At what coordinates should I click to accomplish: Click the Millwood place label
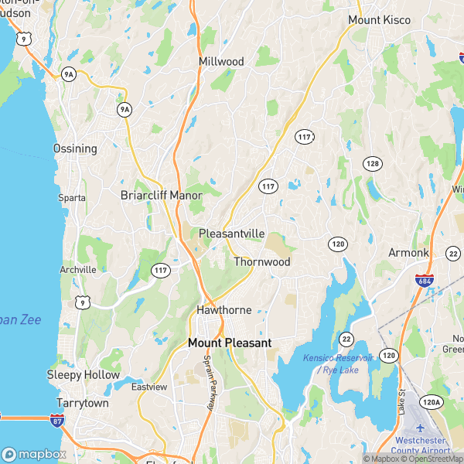[221, 62]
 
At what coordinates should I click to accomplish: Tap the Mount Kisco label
[377, 19]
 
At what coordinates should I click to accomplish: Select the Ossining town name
[75, 148]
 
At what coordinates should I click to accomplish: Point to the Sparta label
[72, 198]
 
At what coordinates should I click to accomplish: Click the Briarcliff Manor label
[162, 196]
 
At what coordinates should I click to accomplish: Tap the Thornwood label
[262, 262]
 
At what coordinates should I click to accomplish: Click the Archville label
[78, 270]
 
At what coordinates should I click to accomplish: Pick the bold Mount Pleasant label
[230, 342]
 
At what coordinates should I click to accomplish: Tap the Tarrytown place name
[83, 404]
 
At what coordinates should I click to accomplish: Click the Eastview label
[148, 387]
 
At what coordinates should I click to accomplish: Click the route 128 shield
[373, 163]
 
